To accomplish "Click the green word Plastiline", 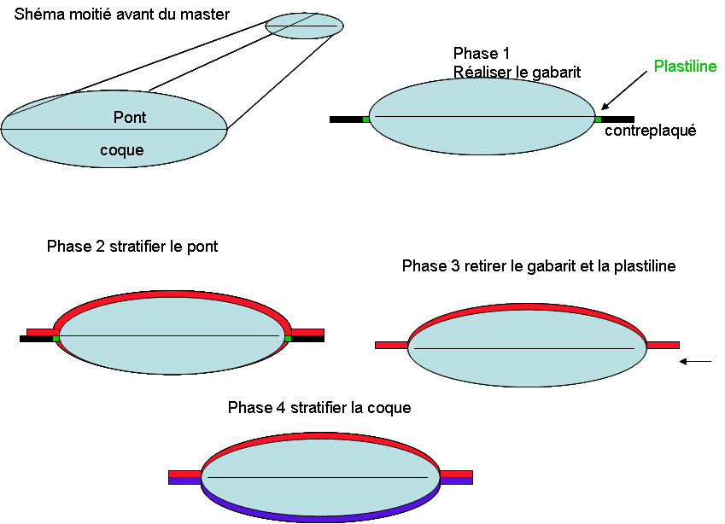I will pyautogui.click(x=685, y=67).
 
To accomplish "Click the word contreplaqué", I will pyautogui.click(x=651, y=131).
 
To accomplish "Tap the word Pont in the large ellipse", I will pyautogui.click(x=130, y=118).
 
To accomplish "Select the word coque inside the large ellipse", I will pyautogui.click(x=122, y=151).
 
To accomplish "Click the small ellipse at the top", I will pyautogui.click(x=304, y=26).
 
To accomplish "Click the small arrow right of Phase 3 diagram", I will pyautogui.click(x=697, y=362).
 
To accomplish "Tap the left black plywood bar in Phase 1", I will pyautogui.click(x=346, y=119).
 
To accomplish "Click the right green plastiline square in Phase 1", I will pyautogui.click(x=598, y=119).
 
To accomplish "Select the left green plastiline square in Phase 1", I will pyautogui.click(x=366, y=119).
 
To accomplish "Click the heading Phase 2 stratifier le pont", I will pyautogui.click(x=132, y=247).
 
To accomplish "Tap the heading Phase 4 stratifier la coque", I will pyautogui.click(x=319, y=408).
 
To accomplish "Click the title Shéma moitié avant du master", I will pyautogui.click(x=122, y=15).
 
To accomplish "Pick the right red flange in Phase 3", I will pyautogui.click(x=663, y=346).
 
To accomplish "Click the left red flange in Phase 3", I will pyautogui.click(x=392, y=346).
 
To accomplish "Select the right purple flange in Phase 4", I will pyautogui.click(x=456, y=481).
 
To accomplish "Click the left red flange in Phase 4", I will pyautogui.click(x=184, y=474).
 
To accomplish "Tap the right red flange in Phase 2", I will pyautogui.click(x=308, y=332).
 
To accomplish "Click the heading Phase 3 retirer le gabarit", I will pyautogui.click(x=539, y=266).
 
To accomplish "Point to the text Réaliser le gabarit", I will pyautogui.click(x=517, y=73).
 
